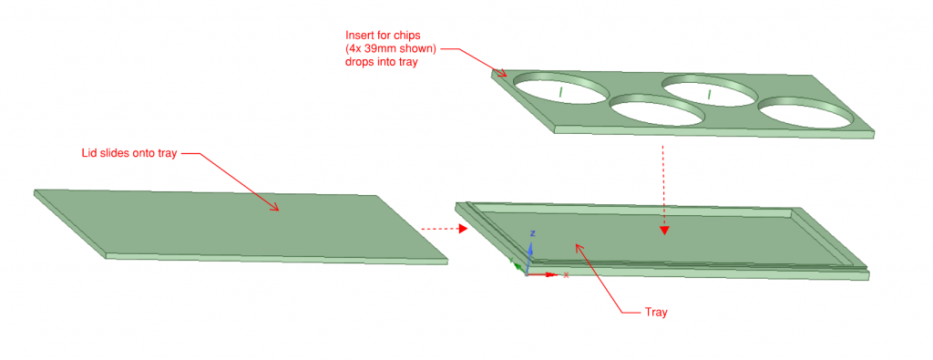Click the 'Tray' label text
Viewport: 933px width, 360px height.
click(x=656, y=312)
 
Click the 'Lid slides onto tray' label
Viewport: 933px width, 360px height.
click(x=129, y=153)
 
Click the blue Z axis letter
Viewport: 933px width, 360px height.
click(x=534, y=232)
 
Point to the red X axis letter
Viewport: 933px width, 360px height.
click(x=566, y=274)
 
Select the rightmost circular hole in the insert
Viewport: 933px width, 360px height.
click(x=804, y=112)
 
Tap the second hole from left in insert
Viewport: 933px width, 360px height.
click(x=657, y=109)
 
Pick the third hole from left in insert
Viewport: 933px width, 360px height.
click(x=709, y=90)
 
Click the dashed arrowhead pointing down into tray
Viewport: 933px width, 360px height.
click(x=664, y=231)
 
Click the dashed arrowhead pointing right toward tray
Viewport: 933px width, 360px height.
click(x=464, y=229)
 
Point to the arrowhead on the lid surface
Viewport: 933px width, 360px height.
click(x=275, y=207)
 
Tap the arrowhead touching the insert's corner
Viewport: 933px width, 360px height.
click(x=502, y=73)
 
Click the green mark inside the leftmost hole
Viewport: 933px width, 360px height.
click(x=560, y=90)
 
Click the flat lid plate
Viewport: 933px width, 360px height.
click(x=241, y=225)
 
